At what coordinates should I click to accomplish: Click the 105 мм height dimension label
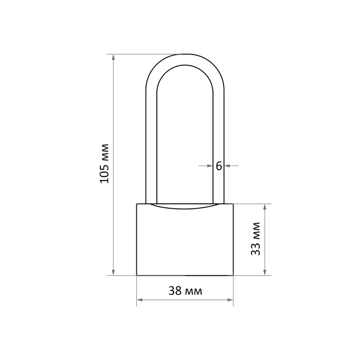pos(104,164)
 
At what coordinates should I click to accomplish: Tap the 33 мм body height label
pos(256,239)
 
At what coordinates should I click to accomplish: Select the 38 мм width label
pos(185,291)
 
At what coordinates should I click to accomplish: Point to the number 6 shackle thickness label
pos(219,166)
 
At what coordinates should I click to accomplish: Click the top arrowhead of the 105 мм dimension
pos(113,57)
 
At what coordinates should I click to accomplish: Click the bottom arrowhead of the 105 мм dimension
pos(113,273)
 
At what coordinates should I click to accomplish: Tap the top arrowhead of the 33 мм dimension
pos(265,207)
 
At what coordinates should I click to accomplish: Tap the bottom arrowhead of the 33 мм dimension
pos(265,273)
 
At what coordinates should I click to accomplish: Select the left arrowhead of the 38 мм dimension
pos(139,300)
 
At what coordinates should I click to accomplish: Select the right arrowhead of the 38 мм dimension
pos(230,300)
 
